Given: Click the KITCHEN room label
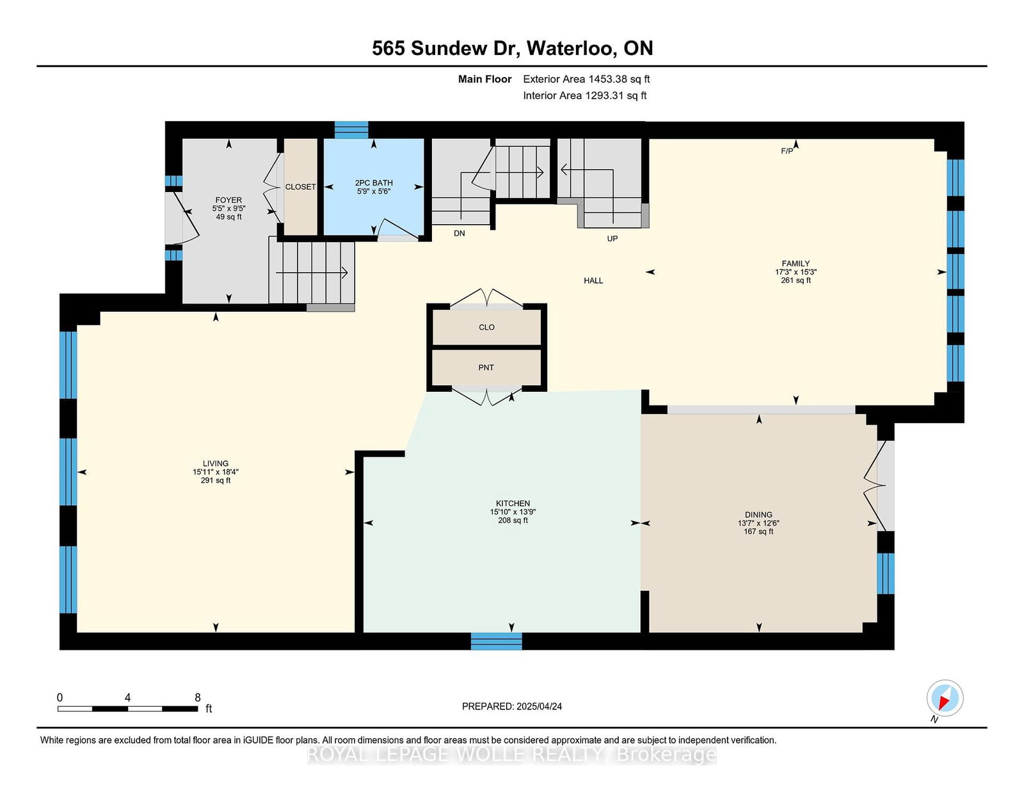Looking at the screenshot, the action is [513, 503].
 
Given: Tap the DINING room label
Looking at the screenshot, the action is [758, 514].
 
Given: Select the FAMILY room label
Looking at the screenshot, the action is [796, 264].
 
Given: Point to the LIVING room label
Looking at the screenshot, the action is [215, 464].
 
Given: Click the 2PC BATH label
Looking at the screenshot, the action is [374, 183].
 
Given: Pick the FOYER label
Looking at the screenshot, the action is [228, 200].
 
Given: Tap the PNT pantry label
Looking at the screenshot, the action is [486, 368].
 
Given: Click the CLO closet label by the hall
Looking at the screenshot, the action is [487, 327].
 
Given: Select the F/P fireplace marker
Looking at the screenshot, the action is [787, 151].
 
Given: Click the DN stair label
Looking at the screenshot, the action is [459, 233].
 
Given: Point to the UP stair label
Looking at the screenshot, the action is [612, 239].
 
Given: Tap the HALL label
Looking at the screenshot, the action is [593, 280].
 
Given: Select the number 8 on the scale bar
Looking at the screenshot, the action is [198, 697].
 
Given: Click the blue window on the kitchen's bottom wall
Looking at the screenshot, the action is [496, 641].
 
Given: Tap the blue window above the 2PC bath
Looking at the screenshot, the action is [351, 130].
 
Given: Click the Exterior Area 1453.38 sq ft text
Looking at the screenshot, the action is [586, 79].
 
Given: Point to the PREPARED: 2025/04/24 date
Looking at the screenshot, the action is [512, 706].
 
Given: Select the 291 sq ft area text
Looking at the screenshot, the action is [215, 480].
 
